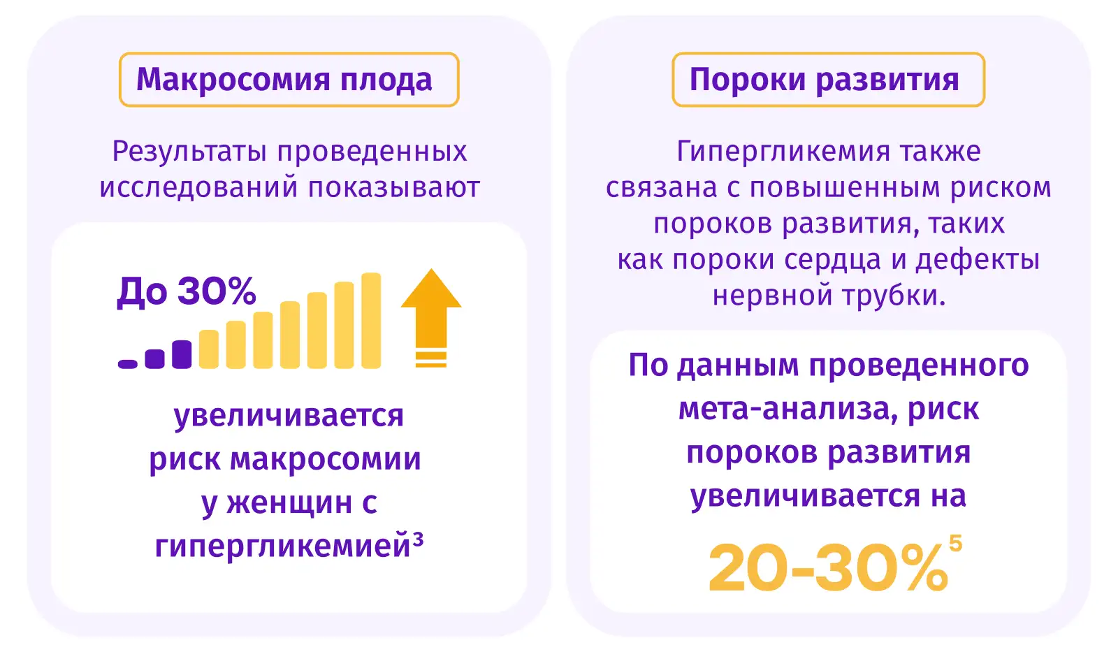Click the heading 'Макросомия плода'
[284, 80]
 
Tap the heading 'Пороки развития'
[825, 80]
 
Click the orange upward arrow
[431, 318]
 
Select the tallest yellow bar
[371, 321]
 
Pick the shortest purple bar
[128, 365]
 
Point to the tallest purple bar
[182, 354]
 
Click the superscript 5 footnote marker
[955, 543]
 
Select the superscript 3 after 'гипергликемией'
[418, 539]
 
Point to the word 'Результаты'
[189, 152]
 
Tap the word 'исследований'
[198, 188]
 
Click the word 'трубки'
[894, 296]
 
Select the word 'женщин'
[289, 502]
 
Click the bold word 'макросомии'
[326, 459]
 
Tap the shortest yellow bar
[209, 349]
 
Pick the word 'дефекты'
[978, 261]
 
